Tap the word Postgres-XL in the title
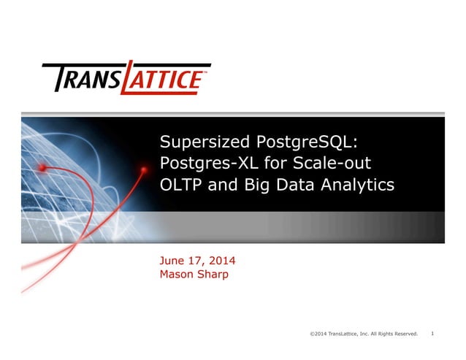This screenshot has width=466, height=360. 203,163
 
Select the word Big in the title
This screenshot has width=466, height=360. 259,185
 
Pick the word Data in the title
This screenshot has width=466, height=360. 299,185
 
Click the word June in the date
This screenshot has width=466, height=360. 172,261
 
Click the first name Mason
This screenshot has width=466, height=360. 177,275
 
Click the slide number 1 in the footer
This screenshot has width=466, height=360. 432,334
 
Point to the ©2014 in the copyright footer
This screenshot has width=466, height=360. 318,334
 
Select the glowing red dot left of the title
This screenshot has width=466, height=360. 43,167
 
